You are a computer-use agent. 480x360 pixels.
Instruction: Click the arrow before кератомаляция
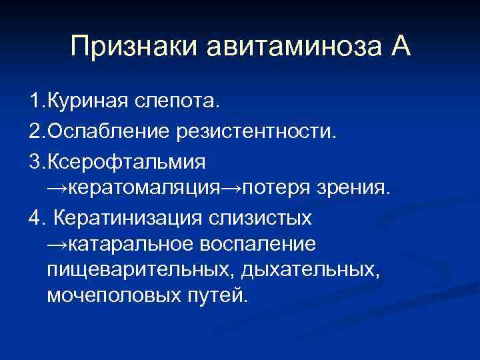(x=57, y=189)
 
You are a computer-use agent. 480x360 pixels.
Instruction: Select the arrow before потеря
(x=231, y=189)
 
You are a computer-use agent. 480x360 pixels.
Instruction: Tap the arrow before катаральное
(x=57, y=246)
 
